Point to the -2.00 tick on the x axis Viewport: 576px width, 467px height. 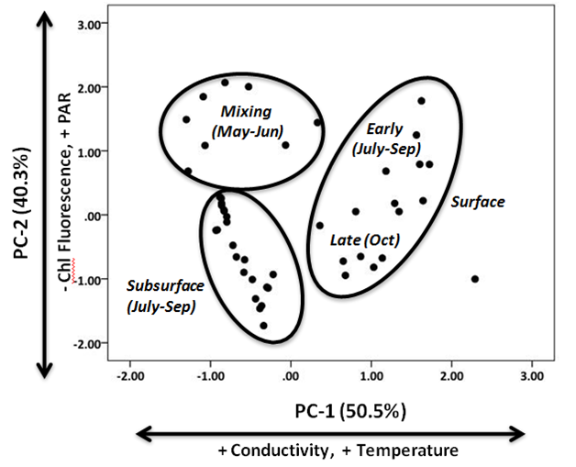click(131, 376)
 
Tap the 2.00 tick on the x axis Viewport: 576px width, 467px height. click(452, 376)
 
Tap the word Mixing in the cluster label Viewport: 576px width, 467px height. click(247, 112)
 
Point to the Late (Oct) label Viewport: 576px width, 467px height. click(364, 240)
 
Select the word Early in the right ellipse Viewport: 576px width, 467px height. click(383, 128)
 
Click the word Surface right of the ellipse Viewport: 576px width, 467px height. click(479, 202)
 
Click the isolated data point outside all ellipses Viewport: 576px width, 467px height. click(475, 279)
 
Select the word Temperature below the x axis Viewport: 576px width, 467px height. click(405, 450)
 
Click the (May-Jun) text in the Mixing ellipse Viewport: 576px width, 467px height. click(247, 131)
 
